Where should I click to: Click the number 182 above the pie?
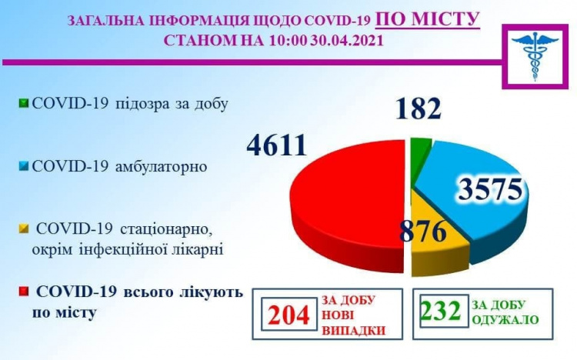coord(419,108)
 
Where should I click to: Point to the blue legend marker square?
coord(24,166)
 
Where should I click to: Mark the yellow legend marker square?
coord(24,228)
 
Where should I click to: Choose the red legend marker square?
coord(24,292)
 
